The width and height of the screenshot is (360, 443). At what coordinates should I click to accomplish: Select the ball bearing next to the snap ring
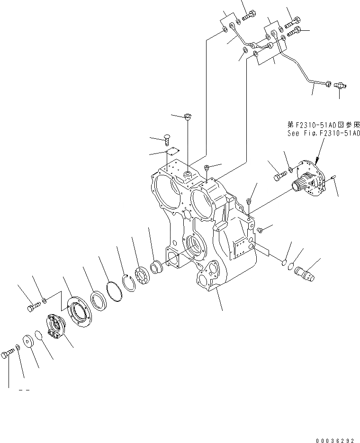[x=143, y=277]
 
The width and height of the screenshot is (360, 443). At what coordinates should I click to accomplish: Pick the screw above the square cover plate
[x=167, y=139]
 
